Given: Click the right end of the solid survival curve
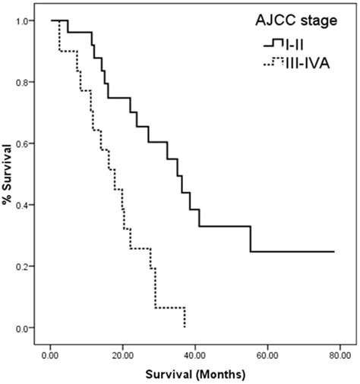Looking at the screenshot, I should pos(334,251).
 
